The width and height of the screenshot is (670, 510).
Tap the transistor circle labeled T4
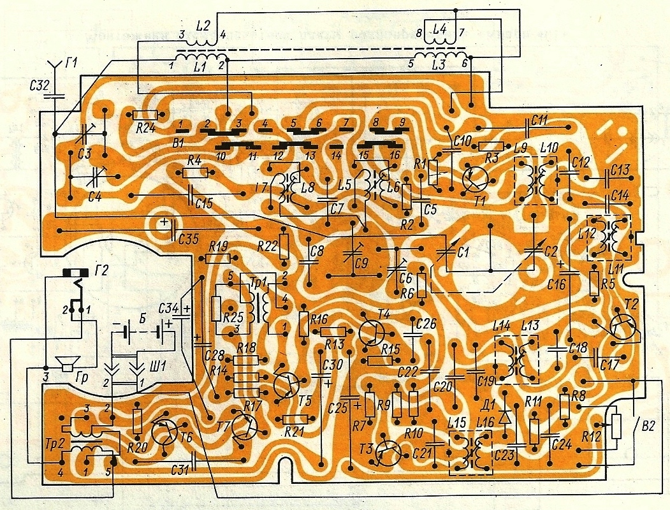tap(371, 331)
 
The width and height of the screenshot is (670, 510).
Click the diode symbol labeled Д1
tap(506, 416)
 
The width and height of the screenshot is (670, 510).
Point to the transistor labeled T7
tap(244, 426)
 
